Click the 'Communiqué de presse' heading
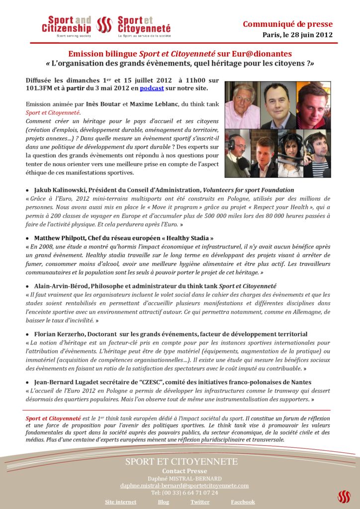[x=287, y=24]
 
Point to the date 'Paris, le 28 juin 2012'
[x=297, y=35]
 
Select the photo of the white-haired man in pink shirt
[x=242, y=105]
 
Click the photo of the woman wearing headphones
[x=287, y=154]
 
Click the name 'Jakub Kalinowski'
[x=60, y=190]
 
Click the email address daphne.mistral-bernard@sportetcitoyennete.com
[x=184, y=486]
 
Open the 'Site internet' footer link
[x=120, y=502]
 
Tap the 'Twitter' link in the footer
[x=200, y=502]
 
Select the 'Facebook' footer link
[x=243, y=502]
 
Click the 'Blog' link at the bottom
[x=164, y=502]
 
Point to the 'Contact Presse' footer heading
[x=184, y=471]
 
